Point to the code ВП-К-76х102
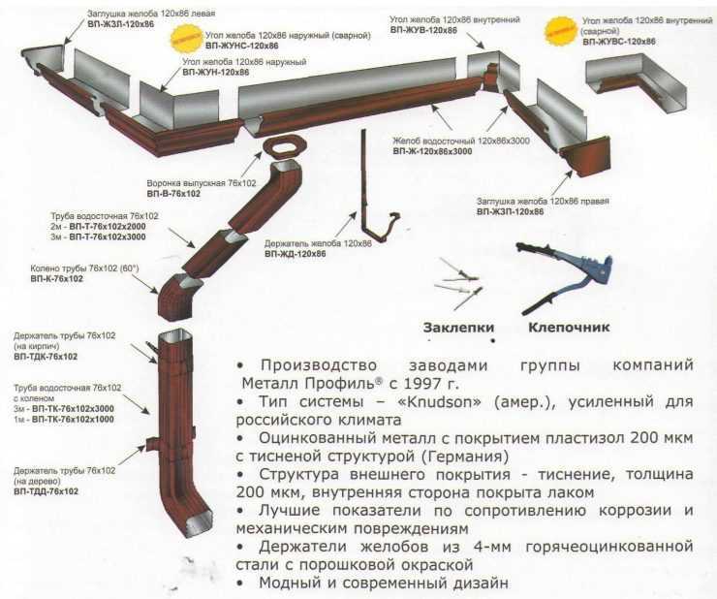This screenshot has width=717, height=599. point(56,279)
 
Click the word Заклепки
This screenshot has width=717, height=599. point(452,327)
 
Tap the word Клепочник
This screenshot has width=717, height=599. point(569,327)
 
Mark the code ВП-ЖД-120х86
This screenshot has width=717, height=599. point(295,254)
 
